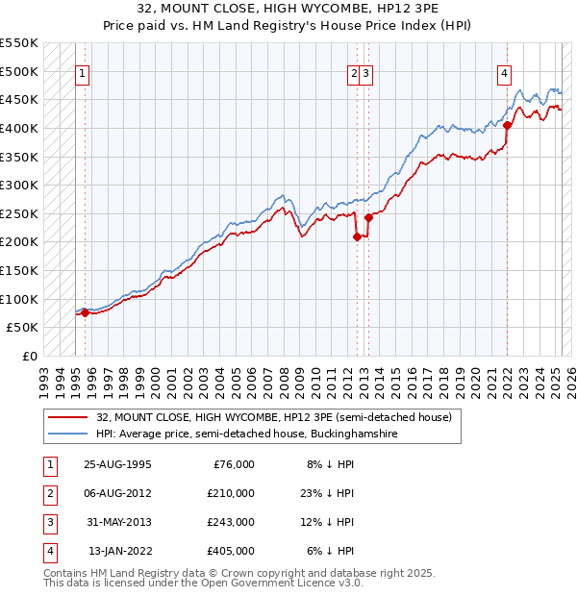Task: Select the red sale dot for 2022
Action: coord(507,125)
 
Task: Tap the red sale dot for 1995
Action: coord(85,311)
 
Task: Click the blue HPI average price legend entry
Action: coord(245,435)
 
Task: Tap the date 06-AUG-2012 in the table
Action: coord(117,493)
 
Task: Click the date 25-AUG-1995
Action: coord(117,464)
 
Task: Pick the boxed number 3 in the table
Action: coord(48,522)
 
